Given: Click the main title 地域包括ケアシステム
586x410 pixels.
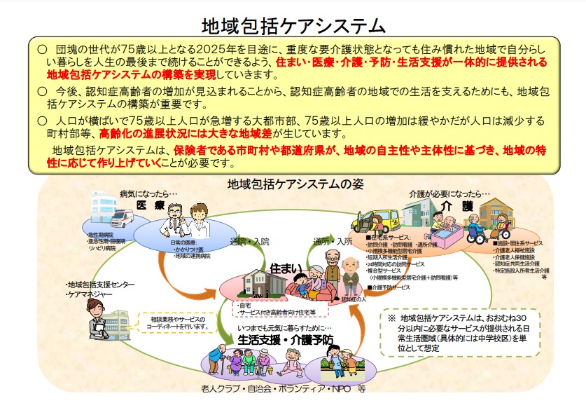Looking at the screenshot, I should coord(293,26).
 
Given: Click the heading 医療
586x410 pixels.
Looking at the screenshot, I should coord(150,205).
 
